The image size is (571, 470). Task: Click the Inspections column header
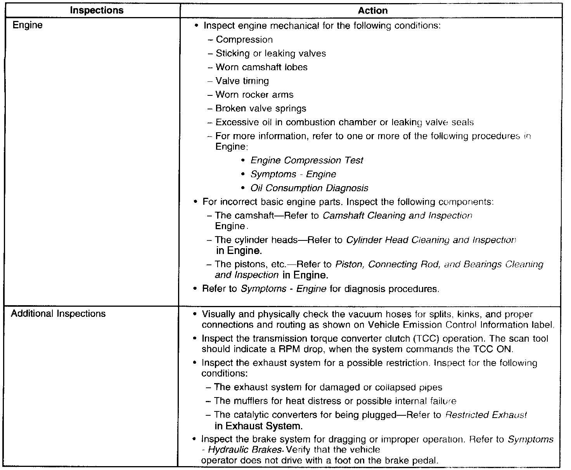click(97, 11)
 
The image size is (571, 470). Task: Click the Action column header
click(372, 11)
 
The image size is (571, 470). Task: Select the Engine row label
click(28, 26)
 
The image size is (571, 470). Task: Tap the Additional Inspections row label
click(58, 313)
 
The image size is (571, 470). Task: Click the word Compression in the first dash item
click(244, 40)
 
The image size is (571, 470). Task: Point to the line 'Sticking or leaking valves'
click(270, 54)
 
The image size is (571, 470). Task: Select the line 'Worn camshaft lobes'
click(261, 67)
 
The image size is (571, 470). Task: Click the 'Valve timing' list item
click(242, 81)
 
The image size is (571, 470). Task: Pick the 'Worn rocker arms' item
click(254, 95)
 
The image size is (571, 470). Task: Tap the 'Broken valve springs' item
click(261, 109)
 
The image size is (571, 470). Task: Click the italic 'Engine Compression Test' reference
click(307, 161)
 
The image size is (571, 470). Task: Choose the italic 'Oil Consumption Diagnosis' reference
click(309, 188)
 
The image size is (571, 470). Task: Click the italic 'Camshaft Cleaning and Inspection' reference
click(397, 216)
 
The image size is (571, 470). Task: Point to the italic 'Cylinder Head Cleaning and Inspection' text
click(431, 240)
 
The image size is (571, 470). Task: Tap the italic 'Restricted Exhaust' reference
click(486, 415)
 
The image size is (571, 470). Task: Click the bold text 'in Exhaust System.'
click(258, 426)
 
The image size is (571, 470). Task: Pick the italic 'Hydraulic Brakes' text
click(244, 450)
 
